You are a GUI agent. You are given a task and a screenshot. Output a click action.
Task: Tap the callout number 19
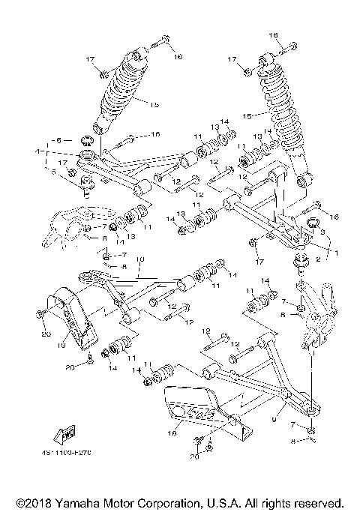(63, 346)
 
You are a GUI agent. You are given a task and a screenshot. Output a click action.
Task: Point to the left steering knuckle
(69, 225)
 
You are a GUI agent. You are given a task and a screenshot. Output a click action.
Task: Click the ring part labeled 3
(314, 223)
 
